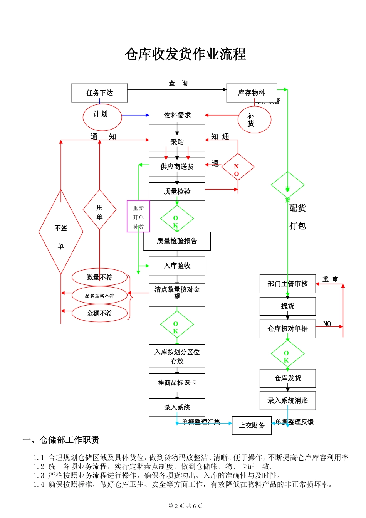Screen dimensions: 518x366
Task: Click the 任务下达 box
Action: pos(99,93)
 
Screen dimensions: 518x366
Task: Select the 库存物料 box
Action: pos(252,93)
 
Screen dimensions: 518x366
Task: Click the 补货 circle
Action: pos(254,120)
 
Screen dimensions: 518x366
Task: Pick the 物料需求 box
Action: pos(177,115)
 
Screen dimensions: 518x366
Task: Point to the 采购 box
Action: pos(177,142)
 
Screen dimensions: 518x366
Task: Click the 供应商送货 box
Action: pos(177,167)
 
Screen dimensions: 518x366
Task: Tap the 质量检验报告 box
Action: pos(177,241)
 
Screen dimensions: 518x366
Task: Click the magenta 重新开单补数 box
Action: pos(138,216)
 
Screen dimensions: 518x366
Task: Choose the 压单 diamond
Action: pos(99,210)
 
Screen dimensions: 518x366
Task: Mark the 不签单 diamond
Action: pos(61,232)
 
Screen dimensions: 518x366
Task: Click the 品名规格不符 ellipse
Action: pos(99,296)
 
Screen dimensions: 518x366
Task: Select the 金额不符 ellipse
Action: pos(99,313)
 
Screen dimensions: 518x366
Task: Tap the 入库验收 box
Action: pos(177,266)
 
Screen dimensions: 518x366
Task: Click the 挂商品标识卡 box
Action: pos(177,383)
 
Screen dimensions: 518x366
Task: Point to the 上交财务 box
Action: pos(252,425)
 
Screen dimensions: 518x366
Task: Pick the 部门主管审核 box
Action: pos(287,284)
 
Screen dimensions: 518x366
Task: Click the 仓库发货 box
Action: pos(287,378)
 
